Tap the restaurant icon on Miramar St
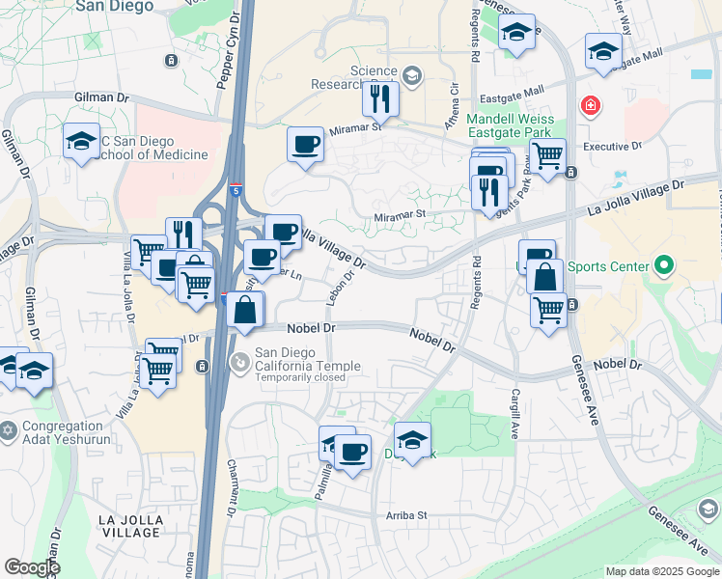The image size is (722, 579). click(380, 97)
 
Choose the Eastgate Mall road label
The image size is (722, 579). click(505, 95)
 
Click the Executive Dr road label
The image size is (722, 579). click(612, 147)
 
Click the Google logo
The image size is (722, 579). click(32, 567)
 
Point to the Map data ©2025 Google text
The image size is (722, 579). click(662, 571)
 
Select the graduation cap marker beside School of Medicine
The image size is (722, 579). click(81, 140)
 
